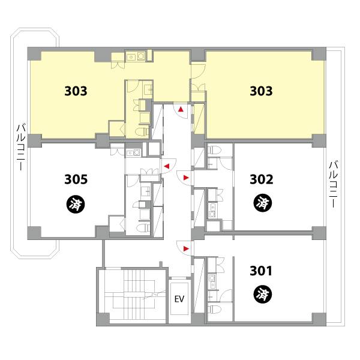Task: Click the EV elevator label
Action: (x=179, y=299)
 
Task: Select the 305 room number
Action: (x=76, y=179)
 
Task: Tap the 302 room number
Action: (x=262, y=179)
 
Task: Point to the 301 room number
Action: (x=261, y=271)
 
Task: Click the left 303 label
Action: (x=76, y=91)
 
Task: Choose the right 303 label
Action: (x=261, y=91)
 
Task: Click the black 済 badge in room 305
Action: (x=76, y=204)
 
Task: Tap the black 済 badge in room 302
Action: (x=263, y=203)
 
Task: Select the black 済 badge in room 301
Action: (x=263, y=295)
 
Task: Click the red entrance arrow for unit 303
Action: (x=181, y=109)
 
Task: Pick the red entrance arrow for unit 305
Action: (x=167, y=166)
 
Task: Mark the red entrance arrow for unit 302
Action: (x=186, y=178)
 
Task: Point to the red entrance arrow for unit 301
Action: (x=186, y=248)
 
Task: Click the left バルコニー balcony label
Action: (x=21, y=147)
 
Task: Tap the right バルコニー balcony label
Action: (x=334, y=184)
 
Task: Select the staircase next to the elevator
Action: (x=136, y=295)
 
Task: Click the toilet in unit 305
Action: (x=143, y=228)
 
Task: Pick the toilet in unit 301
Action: (x=214, y=310)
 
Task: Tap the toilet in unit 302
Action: (x=214, y=149)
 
